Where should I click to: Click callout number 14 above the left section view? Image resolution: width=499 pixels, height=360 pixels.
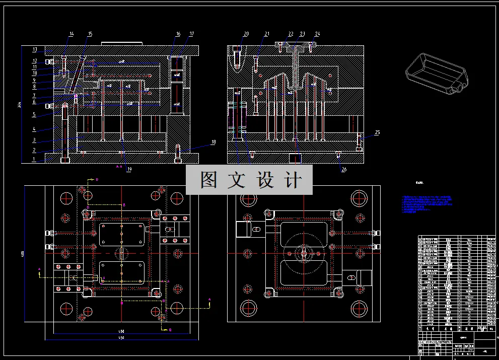[72, 34]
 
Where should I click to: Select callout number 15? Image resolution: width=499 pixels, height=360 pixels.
[90, 34]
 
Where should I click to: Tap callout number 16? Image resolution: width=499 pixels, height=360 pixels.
[178, 34]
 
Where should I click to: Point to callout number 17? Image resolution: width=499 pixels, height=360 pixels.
[192, 34]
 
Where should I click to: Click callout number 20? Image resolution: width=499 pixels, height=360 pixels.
[246, 34]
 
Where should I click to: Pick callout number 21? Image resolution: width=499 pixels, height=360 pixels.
[267, 34]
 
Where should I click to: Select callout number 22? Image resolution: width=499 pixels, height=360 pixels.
[291, 34]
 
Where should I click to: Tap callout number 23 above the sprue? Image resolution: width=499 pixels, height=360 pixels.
[302, 34]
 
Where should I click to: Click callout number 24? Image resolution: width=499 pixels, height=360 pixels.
[317, 34]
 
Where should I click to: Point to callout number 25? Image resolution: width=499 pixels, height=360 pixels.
[377, 132]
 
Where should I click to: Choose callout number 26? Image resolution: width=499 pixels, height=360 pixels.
[344, 170]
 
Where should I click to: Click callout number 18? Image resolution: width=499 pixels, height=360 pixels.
[213, 142]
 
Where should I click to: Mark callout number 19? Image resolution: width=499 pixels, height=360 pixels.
[129, 170]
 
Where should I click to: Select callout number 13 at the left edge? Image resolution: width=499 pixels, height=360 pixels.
[35, 49]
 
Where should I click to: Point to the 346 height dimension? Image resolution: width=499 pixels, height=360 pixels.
[19, 105]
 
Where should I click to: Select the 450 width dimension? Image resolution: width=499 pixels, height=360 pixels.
[121, 338]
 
